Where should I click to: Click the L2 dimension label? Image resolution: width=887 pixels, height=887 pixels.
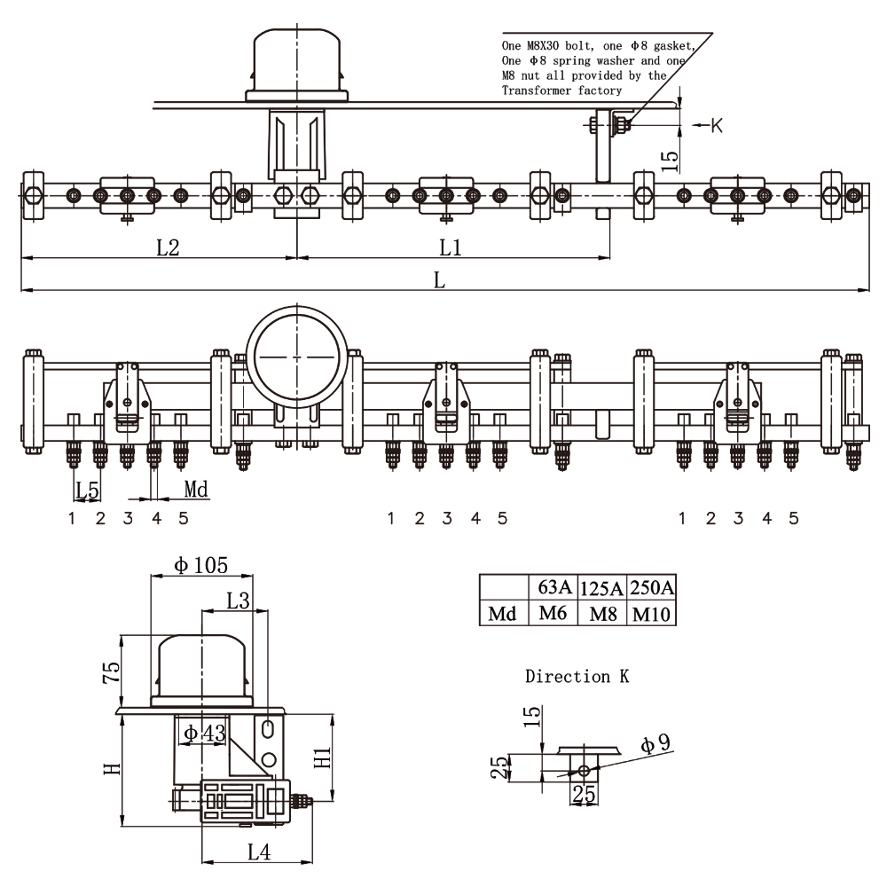168,247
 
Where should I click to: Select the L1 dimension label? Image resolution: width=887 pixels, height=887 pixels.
451,247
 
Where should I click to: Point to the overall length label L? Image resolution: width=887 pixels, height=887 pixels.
439,279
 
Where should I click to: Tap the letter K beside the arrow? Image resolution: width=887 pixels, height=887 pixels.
717,126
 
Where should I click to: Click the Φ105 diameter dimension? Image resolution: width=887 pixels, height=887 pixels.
201,565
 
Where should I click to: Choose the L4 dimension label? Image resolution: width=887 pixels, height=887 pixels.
258,853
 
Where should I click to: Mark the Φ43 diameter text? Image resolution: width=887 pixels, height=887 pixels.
204,733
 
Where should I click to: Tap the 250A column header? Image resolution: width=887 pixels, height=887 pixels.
651,587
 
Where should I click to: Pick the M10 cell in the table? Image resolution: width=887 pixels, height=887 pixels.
651,614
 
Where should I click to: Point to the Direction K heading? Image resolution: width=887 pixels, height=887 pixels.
577,677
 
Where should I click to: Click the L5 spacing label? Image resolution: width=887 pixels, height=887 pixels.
87,489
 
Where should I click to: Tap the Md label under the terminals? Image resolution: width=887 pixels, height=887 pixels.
196,489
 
